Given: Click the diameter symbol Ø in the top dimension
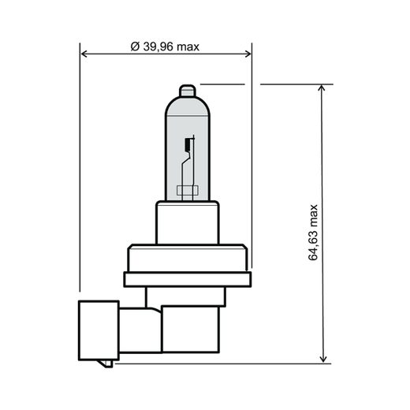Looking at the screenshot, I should click(134, 47).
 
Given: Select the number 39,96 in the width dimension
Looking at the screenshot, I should click(158, 47).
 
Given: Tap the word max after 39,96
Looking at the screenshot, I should click(188, 47).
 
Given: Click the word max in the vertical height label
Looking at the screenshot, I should click(315, 214).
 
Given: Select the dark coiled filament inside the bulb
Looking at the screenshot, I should click(187, 145).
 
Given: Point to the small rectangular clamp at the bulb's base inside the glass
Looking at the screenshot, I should click(187, 189).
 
